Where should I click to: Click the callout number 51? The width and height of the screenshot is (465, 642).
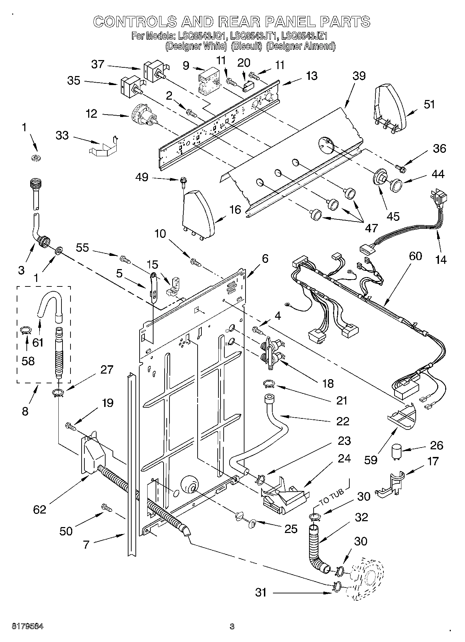(x=430, y=104)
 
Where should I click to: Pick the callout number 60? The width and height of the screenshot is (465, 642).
(x=415, y=256)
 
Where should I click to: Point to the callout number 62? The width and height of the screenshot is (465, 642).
(x=40, y=509)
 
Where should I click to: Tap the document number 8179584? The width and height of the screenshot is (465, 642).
(x=28, y=627)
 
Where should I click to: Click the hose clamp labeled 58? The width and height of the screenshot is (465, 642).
(x=27, y=330)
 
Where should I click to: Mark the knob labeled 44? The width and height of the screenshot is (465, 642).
(x=396, y=184)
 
